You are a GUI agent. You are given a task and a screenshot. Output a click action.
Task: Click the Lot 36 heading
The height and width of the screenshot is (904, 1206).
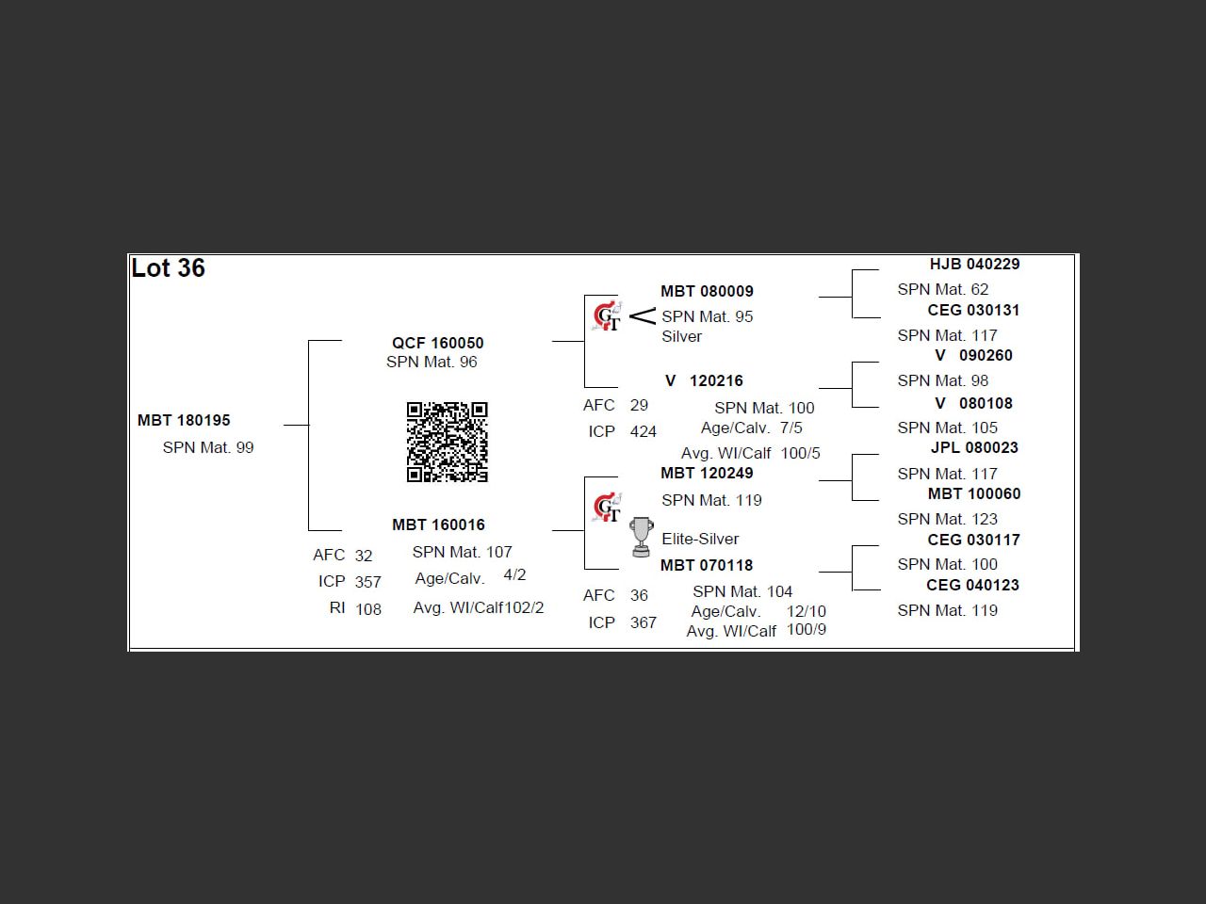click(168, 268)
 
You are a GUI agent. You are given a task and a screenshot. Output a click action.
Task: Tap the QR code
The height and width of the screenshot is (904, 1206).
click(447, 442)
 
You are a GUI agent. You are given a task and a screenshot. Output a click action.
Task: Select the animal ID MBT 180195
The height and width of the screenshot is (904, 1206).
click(184, 420)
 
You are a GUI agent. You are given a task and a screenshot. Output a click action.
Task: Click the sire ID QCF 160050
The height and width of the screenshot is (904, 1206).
click(437, 343)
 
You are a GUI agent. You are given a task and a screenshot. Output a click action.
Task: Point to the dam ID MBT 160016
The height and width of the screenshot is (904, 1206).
click(438, 525)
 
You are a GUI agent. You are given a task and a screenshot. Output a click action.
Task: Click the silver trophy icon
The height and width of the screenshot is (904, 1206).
click(641, 536)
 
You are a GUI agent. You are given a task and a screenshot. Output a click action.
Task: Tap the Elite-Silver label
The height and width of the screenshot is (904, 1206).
click(700, 539)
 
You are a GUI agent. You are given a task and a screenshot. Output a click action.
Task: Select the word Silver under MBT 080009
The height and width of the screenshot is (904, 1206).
click(681, 336)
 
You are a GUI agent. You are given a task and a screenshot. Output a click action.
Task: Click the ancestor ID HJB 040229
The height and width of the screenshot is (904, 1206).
click(974, 265)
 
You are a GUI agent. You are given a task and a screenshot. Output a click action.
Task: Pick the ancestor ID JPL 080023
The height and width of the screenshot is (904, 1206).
click(974, 447)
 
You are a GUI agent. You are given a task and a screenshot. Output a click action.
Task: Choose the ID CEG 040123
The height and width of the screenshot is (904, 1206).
click(972, 585)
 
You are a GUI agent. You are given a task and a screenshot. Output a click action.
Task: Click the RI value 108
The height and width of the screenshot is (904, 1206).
click(368, 609)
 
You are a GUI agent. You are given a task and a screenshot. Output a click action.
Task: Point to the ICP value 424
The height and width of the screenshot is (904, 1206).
click(644, 431)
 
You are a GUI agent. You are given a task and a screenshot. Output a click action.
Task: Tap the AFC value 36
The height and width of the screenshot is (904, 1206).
click(639, 595)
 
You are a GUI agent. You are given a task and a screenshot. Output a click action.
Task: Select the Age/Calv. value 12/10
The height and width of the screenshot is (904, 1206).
click(806, 611)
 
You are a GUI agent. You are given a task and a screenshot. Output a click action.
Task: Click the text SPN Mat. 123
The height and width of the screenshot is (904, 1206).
click(947, 519)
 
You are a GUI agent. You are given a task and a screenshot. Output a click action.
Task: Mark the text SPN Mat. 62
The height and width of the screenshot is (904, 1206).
click(943, 289)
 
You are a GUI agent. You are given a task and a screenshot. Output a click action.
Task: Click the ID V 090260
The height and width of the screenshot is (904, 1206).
click(973, 355)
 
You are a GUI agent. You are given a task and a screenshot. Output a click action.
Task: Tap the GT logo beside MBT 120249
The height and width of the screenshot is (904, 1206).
click(608, 508)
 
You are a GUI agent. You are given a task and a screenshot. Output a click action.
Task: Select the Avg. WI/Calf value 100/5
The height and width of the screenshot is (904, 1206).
click(800, 453)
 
